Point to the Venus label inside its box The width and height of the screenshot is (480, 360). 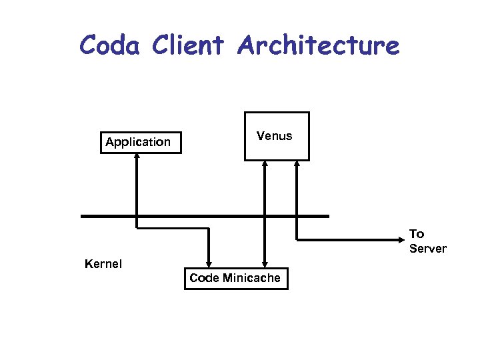(x=275, y=136)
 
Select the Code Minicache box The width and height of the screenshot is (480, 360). (x=236, y=278)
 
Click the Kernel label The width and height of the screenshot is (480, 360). (x=103, y=264)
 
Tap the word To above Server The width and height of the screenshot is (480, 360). (x=417, y=233)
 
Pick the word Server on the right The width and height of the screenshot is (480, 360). (x=427, y=249)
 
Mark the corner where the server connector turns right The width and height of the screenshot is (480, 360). (x=296, y=239)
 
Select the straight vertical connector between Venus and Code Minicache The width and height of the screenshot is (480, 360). (x=265, y=200)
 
